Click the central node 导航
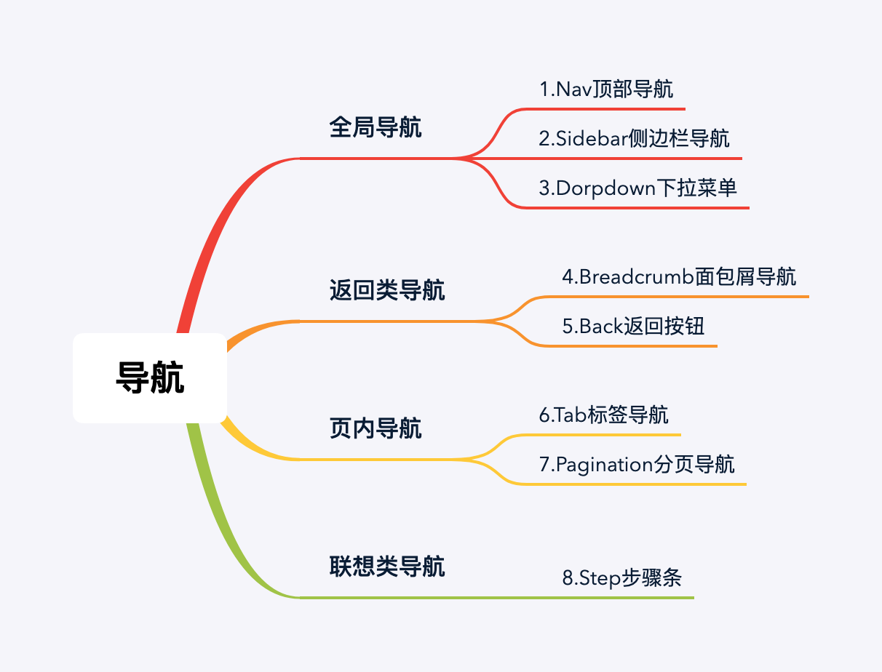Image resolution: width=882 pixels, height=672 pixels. click(150, 378)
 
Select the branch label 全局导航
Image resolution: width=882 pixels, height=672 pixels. click(376, 129)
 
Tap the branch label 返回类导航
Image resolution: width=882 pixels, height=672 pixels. click(387, 291)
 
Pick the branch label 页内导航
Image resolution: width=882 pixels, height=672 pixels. click(376, 428)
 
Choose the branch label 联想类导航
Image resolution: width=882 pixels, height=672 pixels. click(387, 566)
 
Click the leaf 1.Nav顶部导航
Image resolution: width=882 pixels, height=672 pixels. click(605, 89)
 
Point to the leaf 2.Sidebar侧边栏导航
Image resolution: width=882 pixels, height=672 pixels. click(634, 139)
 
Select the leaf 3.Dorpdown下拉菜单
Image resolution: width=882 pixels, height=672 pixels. click(637, 188)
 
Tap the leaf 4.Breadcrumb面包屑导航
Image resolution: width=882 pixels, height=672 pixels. click(679, 277)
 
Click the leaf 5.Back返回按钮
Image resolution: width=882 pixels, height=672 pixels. click(633, 326)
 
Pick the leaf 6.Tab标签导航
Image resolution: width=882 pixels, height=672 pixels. click(603, 415)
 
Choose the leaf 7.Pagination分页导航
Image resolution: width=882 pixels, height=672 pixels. click(637, 464)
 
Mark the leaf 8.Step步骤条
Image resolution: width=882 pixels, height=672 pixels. click(621, 579)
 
